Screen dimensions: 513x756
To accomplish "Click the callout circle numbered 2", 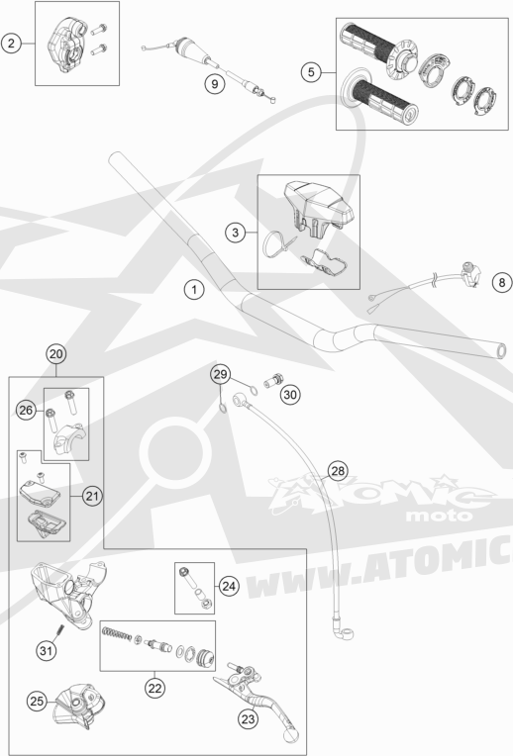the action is click(11, 44).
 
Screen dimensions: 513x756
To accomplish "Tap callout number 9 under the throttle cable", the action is click(214, 84).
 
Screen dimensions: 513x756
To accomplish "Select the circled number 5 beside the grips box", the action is click(311, 72).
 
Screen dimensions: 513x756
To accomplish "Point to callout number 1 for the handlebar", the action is click(194, 289).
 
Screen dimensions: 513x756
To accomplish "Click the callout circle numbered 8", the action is click(501, 282).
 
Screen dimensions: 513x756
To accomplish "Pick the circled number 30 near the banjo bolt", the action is click(290, 395).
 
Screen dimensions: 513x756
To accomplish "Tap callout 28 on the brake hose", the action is click(338, 471).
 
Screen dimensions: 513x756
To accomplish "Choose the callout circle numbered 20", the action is click(56, 354).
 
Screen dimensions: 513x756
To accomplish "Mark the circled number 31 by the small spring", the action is click(46, 651).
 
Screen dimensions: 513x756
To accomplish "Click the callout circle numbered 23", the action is click(248, 719).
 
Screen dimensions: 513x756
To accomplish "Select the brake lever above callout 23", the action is click(256, 700).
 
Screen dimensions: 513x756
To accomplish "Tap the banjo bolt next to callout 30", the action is click(273, 381).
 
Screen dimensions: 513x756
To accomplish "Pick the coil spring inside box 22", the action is click(117, 633).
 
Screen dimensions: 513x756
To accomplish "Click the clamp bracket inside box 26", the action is click(69, 439).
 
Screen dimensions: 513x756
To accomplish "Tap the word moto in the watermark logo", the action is click(439, 516).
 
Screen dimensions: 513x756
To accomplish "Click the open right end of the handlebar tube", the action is click(501, 351).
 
